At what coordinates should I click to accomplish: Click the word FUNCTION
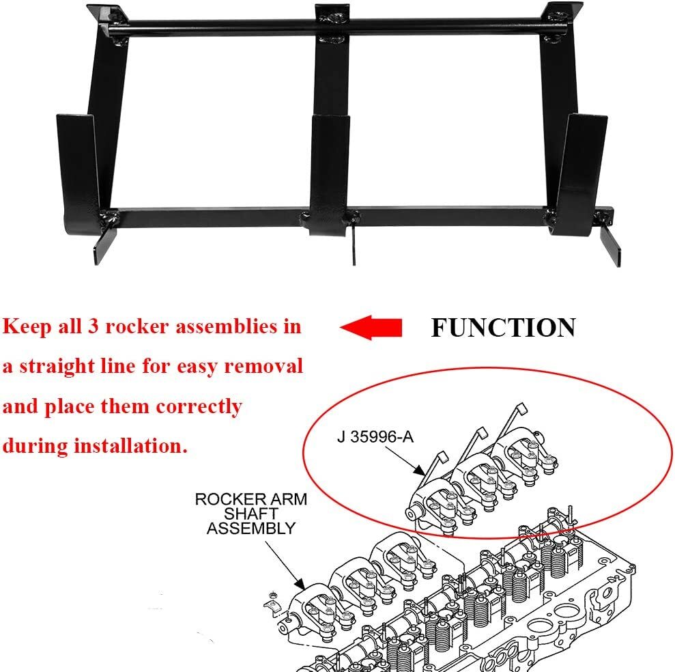503,328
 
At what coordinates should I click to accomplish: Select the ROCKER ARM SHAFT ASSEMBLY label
251,514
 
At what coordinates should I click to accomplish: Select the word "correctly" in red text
199,406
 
